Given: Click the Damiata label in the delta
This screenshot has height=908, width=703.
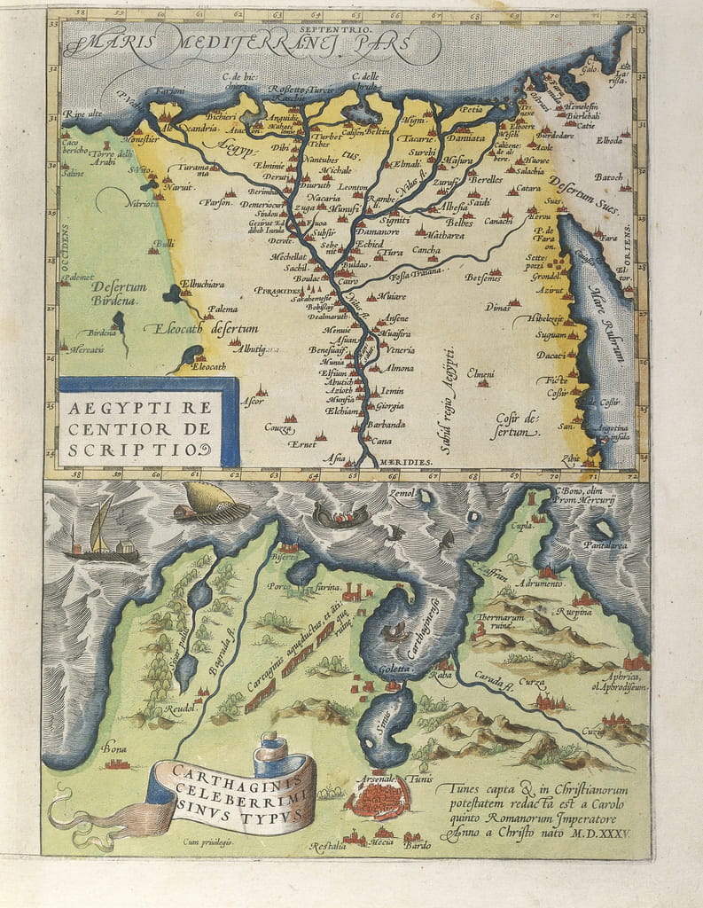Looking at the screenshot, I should coord(465,139).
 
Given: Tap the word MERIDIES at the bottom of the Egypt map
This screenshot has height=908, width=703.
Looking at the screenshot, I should coord(406,462).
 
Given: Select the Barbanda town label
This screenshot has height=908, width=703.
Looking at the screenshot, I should coord(387,424).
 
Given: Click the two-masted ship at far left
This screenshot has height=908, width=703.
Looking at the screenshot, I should coord(100,536).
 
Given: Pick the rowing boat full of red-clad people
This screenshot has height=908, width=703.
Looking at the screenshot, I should coord(341,515).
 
